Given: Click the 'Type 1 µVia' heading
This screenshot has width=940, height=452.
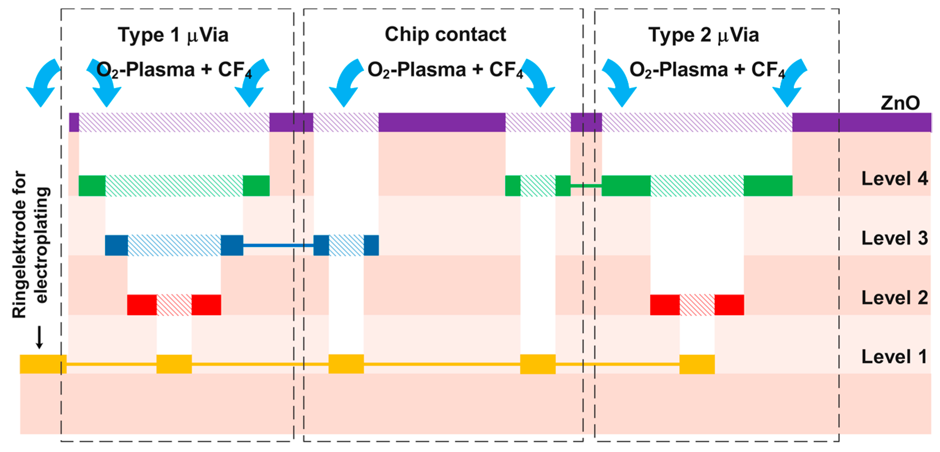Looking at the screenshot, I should tap(173, 35).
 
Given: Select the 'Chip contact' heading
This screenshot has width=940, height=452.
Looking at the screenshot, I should tap(445, 35).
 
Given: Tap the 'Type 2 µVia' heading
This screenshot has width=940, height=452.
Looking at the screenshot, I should tap(704, 35).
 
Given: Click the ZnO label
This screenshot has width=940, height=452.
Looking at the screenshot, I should tap(900, 103).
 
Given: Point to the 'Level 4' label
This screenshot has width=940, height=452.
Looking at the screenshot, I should tap(895, 179).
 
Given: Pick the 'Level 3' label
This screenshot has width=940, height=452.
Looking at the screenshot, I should tap(895, 238).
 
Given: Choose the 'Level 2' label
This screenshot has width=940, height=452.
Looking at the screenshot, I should tap(895, 298).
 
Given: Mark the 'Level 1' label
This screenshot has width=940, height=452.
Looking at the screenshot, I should tap(895, 357).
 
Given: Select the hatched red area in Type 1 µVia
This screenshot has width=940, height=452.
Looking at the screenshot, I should tap(174, 305).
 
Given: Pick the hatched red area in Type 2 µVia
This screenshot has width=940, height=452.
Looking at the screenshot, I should tap(697, 305).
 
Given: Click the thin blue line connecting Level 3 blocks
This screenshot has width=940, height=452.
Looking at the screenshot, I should tap(278, 245).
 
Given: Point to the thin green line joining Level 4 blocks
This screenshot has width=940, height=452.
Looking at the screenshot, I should tap(586, 186).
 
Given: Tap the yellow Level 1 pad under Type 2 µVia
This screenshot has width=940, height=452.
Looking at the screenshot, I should tap(697, 364).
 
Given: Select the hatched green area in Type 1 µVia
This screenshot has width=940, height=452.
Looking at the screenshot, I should tap(174, 186).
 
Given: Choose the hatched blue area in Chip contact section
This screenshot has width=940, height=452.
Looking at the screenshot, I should tap(346, 245).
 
